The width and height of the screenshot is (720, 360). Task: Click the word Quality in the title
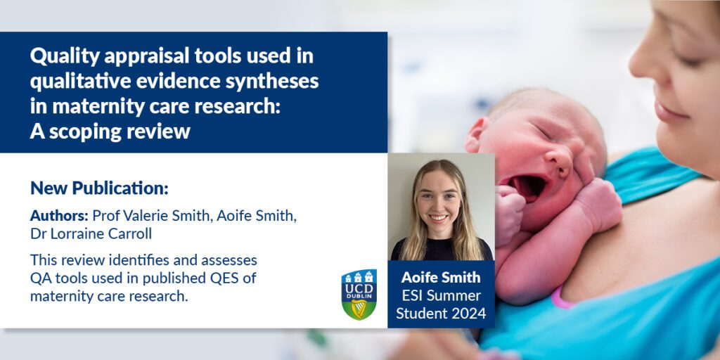(x=65, y=57)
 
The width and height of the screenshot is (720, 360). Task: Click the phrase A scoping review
(x=110, y=131)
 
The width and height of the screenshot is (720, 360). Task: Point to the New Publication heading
(x=99, y=188)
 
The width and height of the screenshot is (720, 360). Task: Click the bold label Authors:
(x=59, y=215)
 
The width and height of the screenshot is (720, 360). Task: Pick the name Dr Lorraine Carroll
(x=91, y=233)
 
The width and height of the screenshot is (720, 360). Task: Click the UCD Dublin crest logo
(x=359, y=295)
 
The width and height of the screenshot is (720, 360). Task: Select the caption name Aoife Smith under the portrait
(x=441, y=277)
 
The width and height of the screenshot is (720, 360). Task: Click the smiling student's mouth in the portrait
(x=438, y=218)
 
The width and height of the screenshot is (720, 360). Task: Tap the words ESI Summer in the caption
(x=441, y=295)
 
